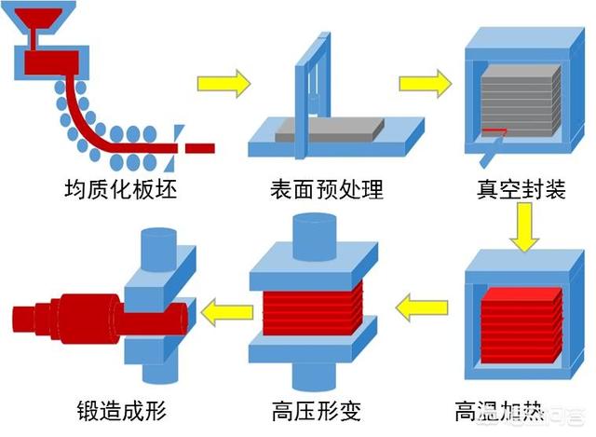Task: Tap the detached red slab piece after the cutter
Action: pyautogui.click(x=199, y=147)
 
